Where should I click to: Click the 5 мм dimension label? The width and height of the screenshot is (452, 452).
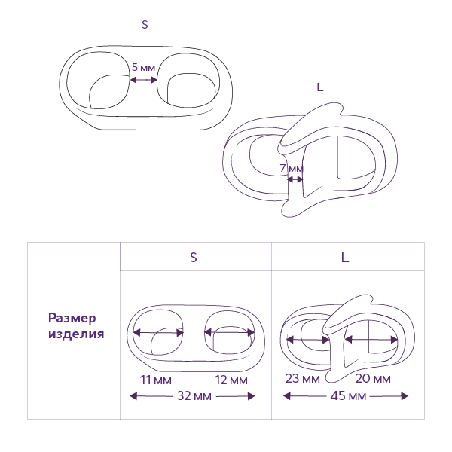pos(143,67)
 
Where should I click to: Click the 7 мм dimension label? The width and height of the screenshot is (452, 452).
pos(292,168)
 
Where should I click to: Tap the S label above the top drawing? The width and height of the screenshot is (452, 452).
pos(145,24)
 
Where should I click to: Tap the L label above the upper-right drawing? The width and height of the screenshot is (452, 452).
pos(320,87)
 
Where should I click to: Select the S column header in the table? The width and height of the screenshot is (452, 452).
pos(194,257)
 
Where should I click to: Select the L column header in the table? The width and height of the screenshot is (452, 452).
pos(345,257)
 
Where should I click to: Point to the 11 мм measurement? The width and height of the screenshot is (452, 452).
pos(156,379)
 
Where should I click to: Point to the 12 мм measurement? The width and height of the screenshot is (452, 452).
pos(231,379)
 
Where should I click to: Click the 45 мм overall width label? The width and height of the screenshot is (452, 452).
pos(347,395)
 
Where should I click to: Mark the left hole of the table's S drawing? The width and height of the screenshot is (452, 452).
pos(159,332)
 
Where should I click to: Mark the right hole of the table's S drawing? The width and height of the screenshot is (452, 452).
pos(230,332)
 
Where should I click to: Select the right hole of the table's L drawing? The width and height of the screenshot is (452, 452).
pos(371,340)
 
